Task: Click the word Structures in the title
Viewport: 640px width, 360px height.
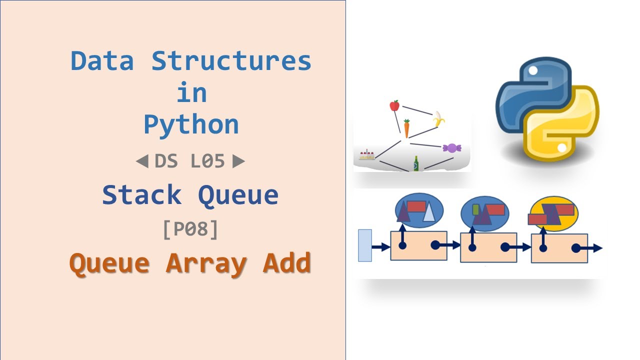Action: pyautogui.click(x=231, y=61)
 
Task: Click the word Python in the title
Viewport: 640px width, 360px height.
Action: pyautogui.click(x=191, y=125)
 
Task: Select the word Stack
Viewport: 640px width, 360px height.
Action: pyautogui.click(x=141, y=195)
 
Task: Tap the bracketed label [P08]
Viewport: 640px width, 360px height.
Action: pyautogui.click(x=190, y=229)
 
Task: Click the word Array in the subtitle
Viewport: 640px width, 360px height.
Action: pyautogui.click(x=206, y=263)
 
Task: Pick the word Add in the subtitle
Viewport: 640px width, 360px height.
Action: pyautogui.click(x=286, y=263)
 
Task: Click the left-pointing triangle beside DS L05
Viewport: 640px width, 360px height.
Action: pyautogui.click(x=142, y=161)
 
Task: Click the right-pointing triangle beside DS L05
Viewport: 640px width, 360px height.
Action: pyautogui.click(x=239, y=161)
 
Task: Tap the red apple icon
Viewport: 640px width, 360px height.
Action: pyautogui.click(x=394, y=105)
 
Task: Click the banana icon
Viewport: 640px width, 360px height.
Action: pyautogui.click(x=438, y=119)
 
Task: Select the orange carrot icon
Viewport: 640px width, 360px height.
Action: pyautogui.click(x=406, y=128)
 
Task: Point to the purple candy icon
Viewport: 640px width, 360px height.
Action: pyautogui.click(x=451, y=147)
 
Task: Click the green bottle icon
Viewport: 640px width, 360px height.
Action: pyautogui.click(x=416, y=163)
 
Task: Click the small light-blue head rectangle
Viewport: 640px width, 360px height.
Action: pyautogui.click(x=365, y=245)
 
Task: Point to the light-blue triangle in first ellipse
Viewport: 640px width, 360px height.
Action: pyautogui.click(x=429, y=213)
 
